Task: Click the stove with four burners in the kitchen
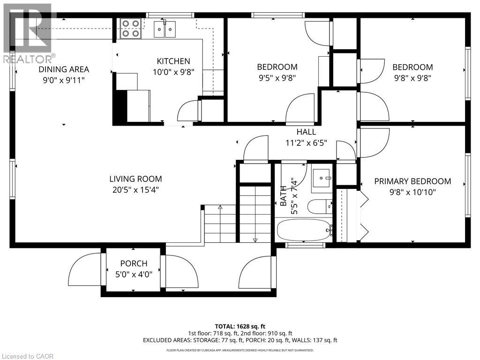point(130,28)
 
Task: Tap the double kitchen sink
point(166,29)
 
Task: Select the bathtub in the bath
point(304,230)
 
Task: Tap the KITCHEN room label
point(173,61)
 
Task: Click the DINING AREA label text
point(64,69)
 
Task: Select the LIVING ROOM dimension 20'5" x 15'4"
point(135,190)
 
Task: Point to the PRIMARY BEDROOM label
point(412,181)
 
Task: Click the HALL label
point(306,132)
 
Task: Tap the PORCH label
point(134,264)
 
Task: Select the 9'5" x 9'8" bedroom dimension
point(277,78)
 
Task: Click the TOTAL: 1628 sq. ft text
point(240,326)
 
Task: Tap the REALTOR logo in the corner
point(28,33)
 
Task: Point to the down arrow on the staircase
point(255,240)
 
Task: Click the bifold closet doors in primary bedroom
point(363,215)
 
